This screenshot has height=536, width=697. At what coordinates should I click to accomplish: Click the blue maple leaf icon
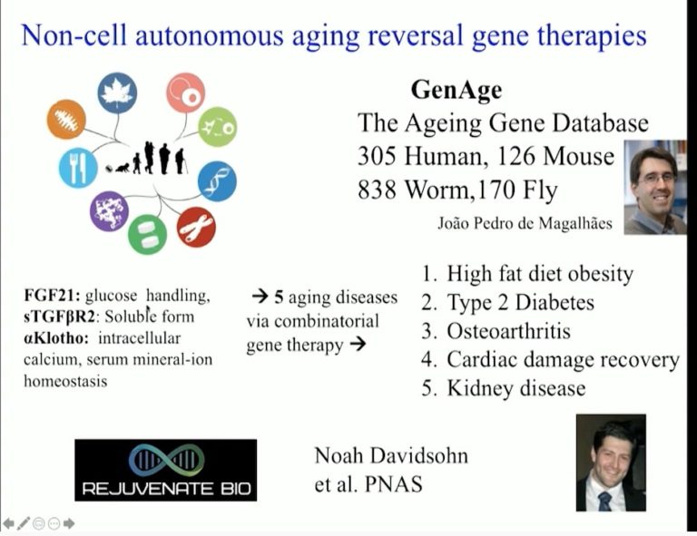117,93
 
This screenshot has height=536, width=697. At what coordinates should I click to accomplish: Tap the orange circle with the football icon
66,119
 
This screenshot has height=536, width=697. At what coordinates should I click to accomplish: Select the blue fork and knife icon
77,168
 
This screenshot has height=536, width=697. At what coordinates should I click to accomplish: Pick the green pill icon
147,235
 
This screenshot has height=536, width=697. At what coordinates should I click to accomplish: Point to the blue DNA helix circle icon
217,180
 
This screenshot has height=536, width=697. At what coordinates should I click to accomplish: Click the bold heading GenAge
456,90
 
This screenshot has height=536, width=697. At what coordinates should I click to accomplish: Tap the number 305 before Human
379,156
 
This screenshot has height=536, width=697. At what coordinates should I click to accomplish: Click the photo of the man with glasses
654,188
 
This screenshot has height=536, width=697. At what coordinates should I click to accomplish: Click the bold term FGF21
52,296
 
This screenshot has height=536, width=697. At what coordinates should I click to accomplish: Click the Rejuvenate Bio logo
165,470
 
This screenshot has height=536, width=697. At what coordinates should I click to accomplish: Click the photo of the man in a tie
611,463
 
